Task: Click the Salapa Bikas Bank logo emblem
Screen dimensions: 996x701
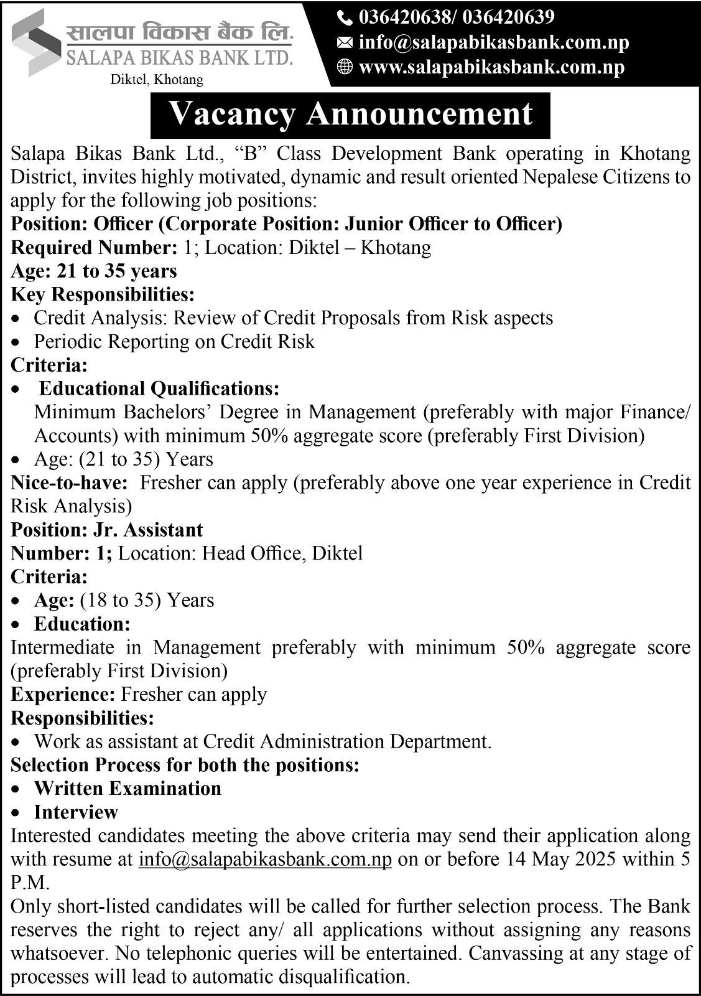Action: coord(37,42)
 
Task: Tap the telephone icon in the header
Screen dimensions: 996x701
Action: coord(344,17)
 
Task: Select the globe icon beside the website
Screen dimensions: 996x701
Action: coord(344,67)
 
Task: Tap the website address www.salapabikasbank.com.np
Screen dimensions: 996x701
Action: coord(491,67)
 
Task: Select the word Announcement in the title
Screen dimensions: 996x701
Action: coord(419,115)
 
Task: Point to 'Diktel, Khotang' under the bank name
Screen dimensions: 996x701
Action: coord(157,80)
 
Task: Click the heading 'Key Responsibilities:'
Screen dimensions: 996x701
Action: coord(103,294)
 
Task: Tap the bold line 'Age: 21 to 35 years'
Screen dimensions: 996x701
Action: coord(94,271)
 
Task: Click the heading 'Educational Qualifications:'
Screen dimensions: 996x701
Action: coord(159,388)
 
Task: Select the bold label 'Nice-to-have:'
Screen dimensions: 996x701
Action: coord(70,482)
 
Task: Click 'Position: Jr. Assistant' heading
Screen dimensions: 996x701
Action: coord(107,530)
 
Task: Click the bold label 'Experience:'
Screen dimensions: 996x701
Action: coord(63,694)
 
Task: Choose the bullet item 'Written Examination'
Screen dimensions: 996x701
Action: coord(128,788)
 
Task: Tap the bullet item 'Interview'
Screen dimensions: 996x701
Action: coord(76,812)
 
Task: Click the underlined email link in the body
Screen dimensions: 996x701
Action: coord(265,859)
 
